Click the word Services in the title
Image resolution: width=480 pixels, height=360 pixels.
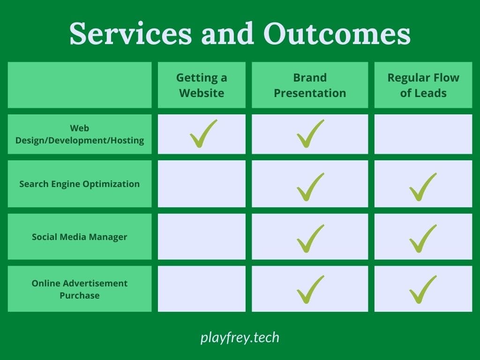pyautogui.click(x=131, y=33)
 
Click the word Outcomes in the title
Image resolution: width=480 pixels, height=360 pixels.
pyautogui.click(x=337, y=33)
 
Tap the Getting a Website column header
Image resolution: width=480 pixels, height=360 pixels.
pyautogui.click(x=202, y=85)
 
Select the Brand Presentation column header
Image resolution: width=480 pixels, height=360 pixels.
pyautogui.click(x=310, y=85)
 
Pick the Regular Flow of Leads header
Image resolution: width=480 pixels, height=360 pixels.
pyautogui.click(x=423, y=85)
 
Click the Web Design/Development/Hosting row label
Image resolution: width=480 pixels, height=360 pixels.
pyautogui.click(x=80, y=134)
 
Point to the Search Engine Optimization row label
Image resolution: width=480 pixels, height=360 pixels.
pyautogui.click(x=80, y=184)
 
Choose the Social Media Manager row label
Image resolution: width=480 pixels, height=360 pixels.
pyautogui.click(x=80, y=237)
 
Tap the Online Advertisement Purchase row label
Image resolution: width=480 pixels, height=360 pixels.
pyautogui.click(x=80, y=289)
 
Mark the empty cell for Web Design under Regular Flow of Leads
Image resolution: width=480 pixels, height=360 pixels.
pyautogui.click(x=423, y=134)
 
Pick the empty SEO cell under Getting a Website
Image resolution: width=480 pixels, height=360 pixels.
pyautogui.click(x=202, y=184)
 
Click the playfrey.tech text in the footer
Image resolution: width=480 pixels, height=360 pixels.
pyautogui.click(x=240, y=337)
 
